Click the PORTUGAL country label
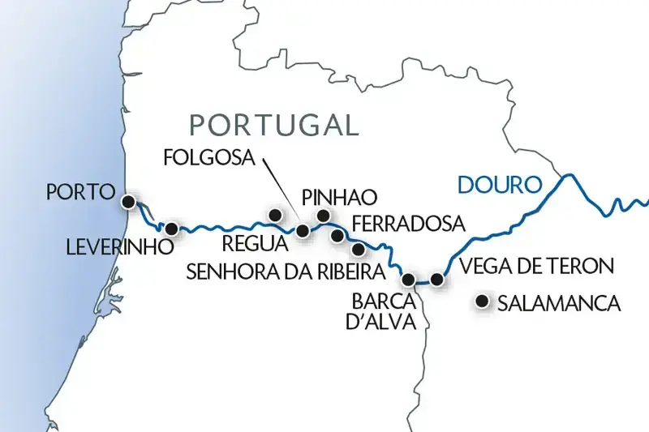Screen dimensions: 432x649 click(273, 124)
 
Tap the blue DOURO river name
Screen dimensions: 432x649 click(499, 185)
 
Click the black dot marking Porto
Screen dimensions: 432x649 click(127, 201)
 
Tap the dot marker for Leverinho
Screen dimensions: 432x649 click(171, 229)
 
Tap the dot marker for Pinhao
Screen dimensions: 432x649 click(324, 215)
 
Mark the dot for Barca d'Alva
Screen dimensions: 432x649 click(409, 280)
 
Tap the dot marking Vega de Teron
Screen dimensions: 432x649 click(437, 280)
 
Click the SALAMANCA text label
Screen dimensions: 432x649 click(559, 304)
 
